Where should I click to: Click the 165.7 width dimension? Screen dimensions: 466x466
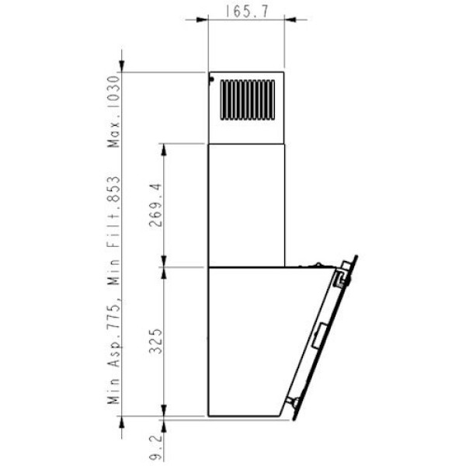tap(246, 12)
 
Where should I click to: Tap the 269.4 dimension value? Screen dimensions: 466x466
tap(155, 205)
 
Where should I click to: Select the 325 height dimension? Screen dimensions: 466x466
tap(155, 341)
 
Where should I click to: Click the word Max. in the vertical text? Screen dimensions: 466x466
tap(113, 133)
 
